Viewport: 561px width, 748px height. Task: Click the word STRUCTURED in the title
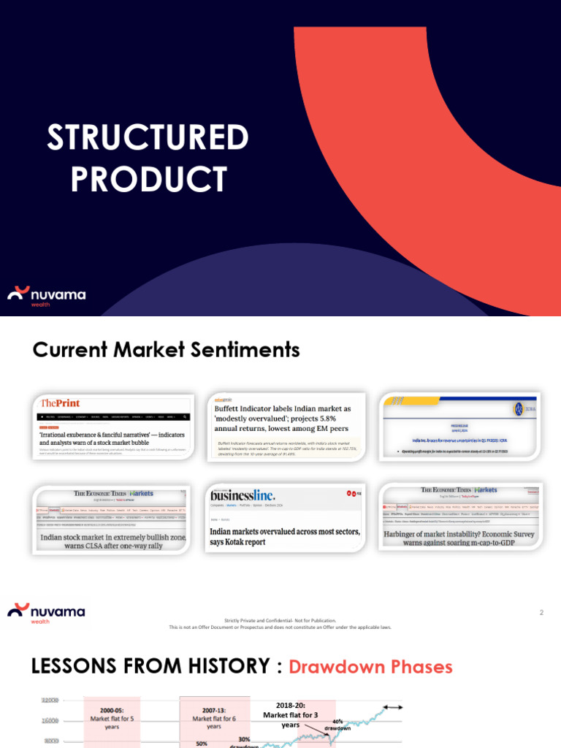(x=148, y=137)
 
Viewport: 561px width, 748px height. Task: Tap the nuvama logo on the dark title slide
(x=47, y=295)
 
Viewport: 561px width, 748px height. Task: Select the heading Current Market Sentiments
(x=167, y=350)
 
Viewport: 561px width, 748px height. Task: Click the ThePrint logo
(x=61, y=403)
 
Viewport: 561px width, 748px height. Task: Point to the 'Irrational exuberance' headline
(x=112, y=439)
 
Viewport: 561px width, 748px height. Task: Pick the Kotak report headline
(x=285, y=537)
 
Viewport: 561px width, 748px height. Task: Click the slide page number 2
(x=541, y=613)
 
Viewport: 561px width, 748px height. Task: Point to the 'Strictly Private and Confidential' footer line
(x=280, y=621)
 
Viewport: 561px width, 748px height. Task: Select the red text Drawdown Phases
(x=370, y=667)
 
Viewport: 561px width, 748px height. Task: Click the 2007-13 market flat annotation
(x=213, y=718)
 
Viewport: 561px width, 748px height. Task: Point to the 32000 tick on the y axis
(x=50, y=700)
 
